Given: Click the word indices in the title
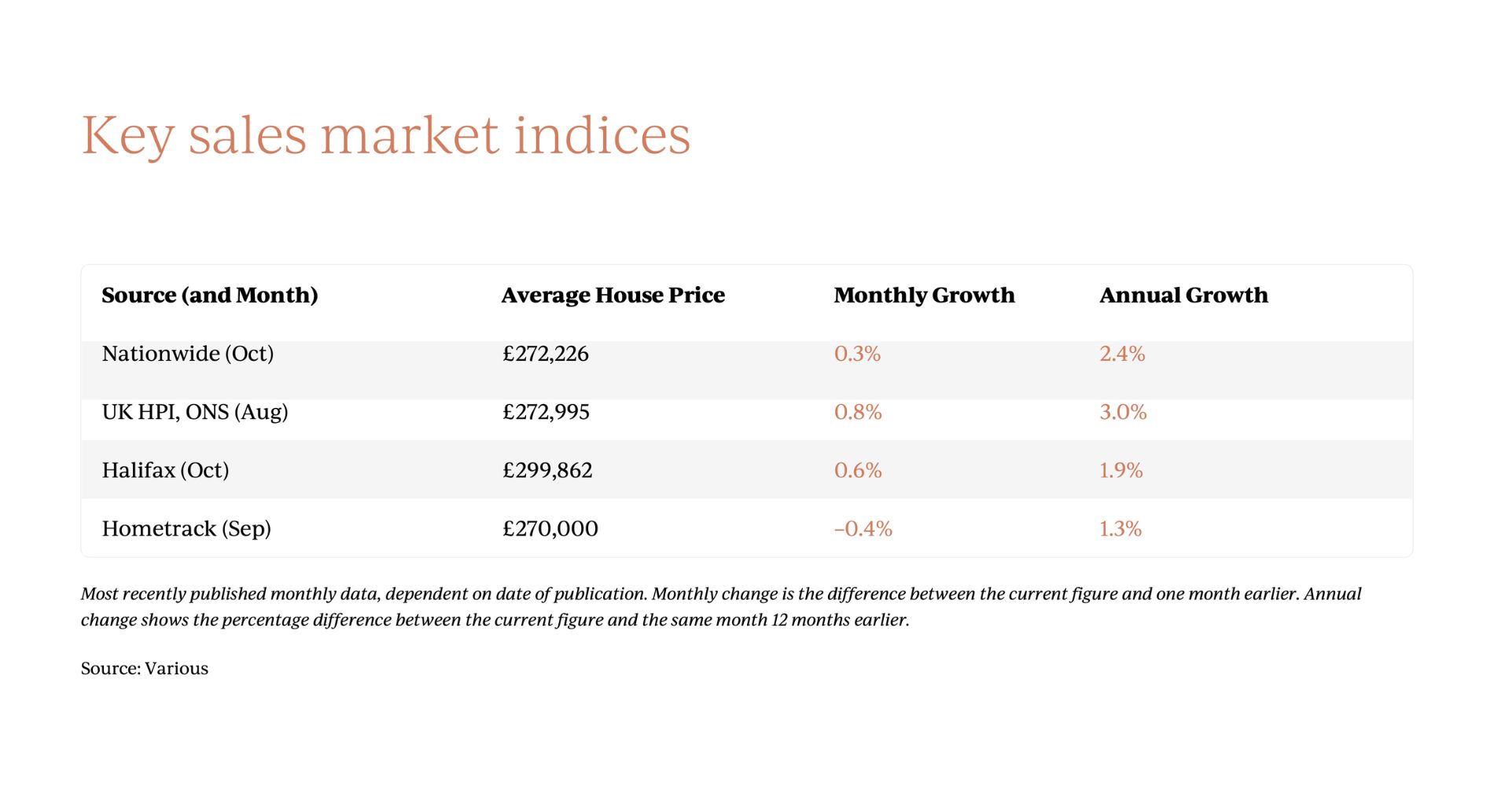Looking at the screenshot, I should pos(602,135).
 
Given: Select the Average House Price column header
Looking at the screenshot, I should pos(613,296).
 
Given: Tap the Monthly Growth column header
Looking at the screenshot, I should pos(924,296).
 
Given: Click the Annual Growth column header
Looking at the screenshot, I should pos(1183,296).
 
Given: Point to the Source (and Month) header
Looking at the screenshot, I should pos(210,296).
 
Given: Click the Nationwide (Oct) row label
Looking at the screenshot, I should pos(188,354).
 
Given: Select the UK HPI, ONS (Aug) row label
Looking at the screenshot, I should pos(195,412).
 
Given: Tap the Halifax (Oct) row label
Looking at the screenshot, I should pos(165,470).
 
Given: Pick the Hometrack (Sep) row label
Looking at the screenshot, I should pos(186,528).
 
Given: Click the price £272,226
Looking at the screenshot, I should pos(546,354).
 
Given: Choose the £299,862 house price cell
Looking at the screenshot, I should pos(547,470).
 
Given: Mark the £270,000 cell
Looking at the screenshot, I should pos(550,528).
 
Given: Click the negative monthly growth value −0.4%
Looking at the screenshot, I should pos(863,528).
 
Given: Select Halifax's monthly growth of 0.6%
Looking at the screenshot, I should pos(858,470).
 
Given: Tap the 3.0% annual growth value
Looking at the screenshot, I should pos(1123,412).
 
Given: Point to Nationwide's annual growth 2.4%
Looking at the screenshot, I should pos(1122,354).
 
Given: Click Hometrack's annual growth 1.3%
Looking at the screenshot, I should pos(1120,528).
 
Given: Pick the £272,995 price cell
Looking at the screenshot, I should pos(546,412).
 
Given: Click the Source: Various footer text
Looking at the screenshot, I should pos(145,668).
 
